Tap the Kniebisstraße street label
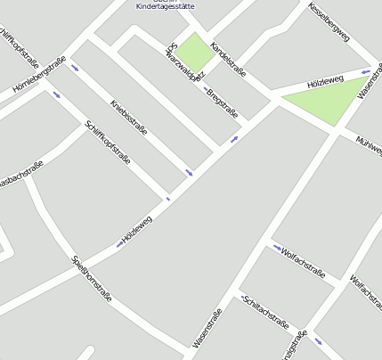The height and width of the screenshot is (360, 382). coord(129,117)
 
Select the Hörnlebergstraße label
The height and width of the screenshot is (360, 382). coord(39,73)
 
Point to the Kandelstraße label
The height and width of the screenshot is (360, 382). coord(227,58)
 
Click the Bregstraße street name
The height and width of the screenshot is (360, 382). coord(222,103)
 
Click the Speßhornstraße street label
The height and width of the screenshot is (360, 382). coord(92,278)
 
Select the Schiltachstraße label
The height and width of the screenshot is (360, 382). coord(265,312)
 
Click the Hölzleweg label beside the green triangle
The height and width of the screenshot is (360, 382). coord(324,81)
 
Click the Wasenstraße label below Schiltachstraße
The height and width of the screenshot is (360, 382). coord(207,329)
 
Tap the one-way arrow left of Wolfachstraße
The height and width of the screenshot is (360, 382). coord(277,248)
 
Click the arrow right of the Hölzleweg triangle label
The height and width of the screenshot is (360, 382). coord(366,71)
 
